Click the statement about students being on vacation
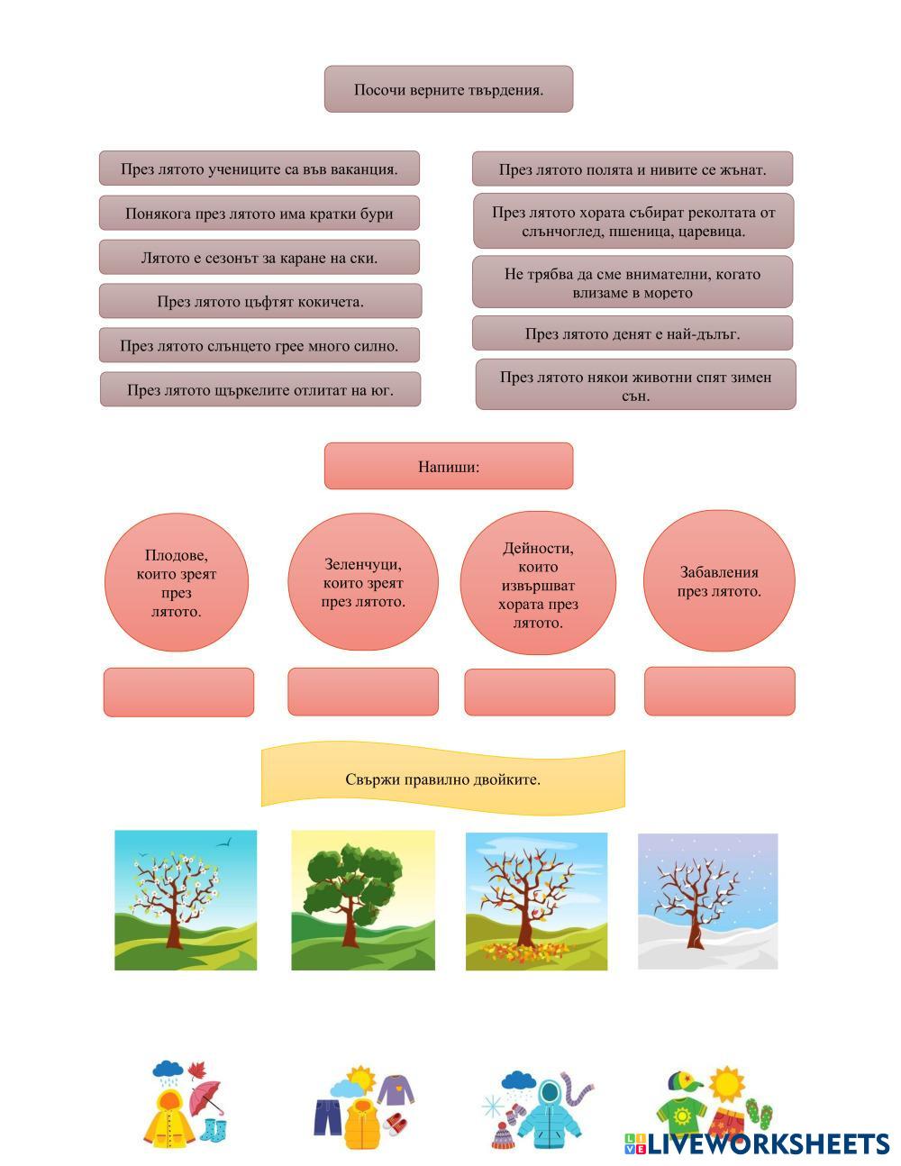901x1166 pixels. coord(259,169)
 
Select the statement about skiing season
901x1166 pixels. coord(259,258)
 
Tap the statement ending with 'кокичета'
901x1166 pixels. coord(259,301)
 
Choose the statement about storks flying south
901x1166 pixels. coord(259,390)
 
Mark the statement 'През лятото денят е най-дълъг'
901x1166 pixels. coord(632,333)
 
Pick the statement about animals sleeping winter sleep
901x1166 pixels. coord(635,386)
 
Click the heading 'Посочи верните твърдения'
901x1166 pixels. coord(448,89)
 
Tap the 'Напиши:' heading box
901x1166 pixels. coord(448,466)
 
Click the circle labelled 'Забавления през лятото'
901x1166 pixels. coord(719,581)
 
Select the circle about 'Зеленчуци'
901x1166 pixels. coord(362,582)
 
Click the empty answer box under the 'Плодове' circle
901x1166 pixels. coord(178,692)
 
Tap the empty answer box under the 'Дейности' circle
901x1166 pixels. coord(539,692)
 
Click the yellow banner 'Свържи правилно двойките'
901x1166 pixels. coord(442,779)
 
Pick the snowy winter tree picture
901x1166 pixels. coord(707,901)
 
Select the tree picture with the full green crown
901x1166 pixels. coord(362,900)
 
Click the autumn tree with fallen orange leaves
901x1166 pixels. coord(536,901)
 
